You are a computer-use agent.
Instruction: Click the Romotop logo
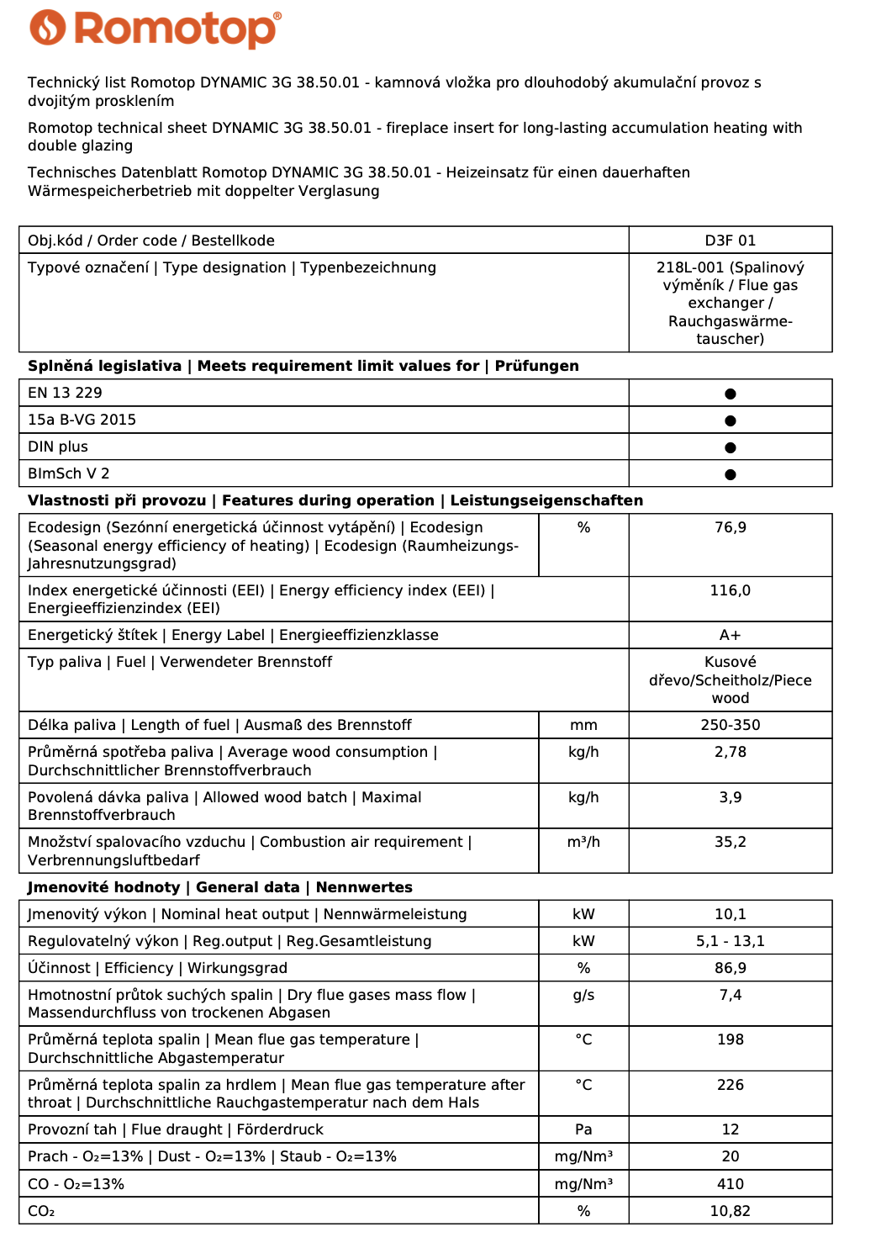point(156,29)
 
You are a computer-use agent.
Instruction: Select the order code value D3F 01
point(730,241)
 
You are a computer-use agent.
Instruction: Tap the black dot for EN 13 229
point(730,394)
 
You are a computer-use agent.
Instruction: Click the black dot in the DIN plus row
point(730,447)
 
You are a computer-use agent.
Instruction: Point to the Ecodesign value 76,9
point(730,527)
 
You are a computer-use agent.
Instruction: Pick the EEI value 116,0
point(730,590)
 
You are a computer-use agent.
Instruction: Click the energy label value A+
point(730,635)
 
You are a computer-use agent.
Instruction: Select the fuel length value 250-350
point(730,725)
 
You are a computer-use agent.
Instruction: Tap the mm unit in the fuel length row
point(583,725)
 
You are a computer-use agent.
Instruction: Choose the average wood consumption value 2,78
point(730,752)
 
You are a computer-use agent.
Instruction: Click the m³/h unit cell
point(583,842)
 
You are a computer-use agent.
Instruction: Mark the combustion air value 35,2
point(730,842)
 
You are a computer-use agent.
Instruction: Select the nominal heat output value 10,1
point(730,914)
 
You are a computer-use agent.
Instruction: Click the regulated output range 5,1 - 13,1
point(730,941)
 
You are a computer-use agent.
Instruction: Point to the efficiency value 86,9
point(730,968)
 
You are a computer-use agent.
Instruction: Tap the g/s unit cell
point(583,995)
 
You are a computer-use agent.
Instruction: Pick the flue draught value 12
point(730,1129)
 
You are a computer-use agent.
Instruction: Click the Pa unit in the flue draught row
point(583,1129)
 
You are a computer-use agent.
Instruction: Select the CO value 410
point(730,1184)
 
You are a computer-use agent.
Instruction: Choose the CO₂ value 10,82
point(730,1211)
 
